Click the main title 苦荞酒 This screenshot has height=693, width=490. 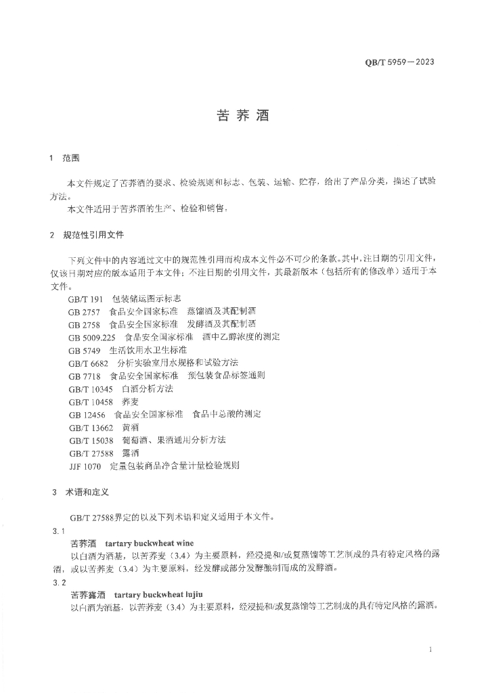point(243,116)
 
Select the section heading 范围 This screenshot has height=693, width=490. point(71,158)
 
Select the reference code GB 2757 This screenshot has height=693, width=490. point(84,311)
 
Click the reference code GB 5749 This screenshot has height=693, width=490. point(84,350)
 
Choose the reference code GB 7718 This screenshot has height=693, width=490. point(84,375)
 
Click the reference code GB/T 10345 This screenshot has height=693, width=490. point(90,388)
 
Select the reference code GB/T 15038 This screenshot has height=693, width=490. point(90,440)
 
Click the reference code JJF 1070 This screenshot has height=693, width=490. point(85,466)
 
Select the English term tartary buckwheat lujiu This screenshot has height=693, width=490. point(156,594)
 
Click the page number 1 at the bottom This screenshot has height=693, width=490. point(430,650)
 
